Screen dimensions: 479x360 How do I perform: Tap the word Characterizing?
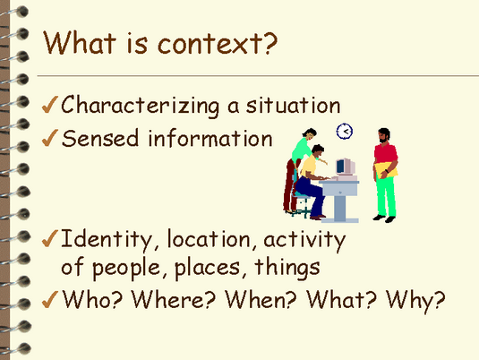[x=141, y=106]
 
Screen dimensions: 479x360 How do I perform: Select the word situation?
[x=294, y=105]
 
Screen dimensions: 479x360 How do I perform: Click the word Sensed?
[x=100, y=138]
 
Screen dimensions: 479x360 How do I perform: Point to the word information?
[x=210, y=138]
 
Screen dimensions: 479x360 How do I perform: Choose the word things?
[x=287, y=267]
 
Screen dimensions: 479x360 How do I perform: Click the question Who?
[x=92, y=298]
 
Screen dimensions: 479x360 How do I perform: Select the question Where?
[x=174, y=298]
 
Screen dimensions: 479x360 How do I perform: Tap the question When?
[x=261, y=298]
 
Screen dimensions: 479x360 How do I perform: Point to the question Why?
[x=415, y=300]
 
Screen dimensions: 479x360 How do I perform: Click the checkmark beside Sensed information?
[x=50, y=138]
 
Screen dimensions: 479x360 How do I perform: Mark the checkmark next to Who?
[x=50, y=299]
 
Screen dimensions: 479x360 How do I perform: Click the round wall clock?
[x=345, y=132]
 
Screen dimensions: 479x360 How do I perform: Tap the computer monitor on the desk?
[x=346, y=167]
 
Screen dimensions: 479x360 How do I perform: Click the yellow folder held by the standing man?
[x=386, y=170]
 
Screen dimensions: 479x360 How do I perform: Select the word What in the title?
[x=80, y=43]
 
